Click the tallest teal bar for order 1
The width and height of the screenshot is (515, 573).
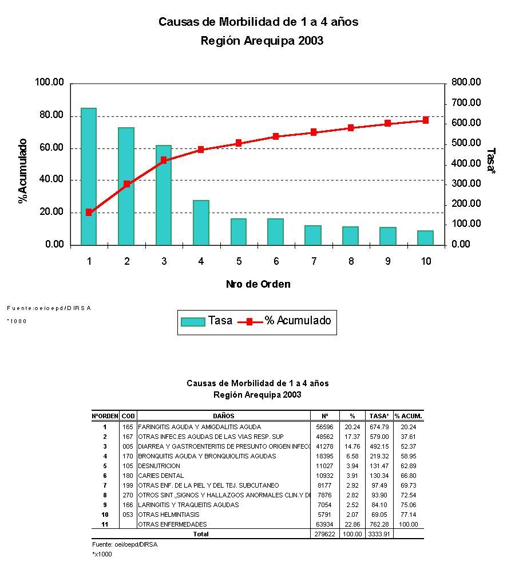pyautogui.click(x=88, y=176)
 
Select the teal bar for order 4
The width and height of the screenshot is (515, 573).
pyautogui.click(x=201, y=222)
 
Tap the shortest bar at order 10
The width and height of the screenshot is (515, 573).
pyautogui.click(x=425, y=238)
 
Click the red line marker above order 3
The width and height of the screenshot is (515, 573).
pyautogui.click(x=164, y=160)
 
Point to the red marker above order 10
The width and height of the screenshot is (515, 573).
pyautogui.click(x=425, y=120)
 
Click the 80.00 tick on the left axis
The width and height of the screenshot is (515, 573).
pyautogui.click(x=50, y=115)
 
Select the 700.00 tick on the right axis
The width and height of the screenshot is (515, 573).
pyautogui.click(x=466, y=103)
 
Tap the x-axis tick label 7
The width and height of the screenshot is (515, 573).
pyautogui.click(x=314, y=261)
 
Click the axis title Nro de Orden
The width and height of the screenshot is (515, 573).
pyautogui.click(x=257, y=284)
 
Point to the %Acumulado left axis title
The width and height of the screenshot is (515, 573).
pyautogui.click(x=23, y=171)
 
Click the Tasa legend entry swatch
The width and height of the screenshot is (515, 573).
pyautogui.click(x=192, y=321)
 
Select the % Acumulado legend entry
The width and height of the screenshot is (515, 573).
pyautogui.click(x=298, y=321)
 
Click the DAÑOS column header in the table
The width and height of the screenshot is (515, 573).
pyautogui.click(x=223, y=416)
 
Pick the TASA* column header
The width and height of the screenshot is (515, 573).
pyautogui.click(x=379, y=416)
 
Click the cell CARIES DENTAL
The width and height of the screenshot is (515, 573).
pyautogui.click(x=161, y=476)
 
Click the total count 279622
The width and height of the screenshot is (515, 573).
pyautogui.click(x=324, y=534)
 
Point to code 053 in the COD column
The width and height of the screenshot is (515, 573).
pyautogui.click(x=128, y=515)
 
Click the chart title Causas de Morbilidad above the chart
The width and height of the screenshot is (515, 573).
pyautogui.click(x=258, y=22)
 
